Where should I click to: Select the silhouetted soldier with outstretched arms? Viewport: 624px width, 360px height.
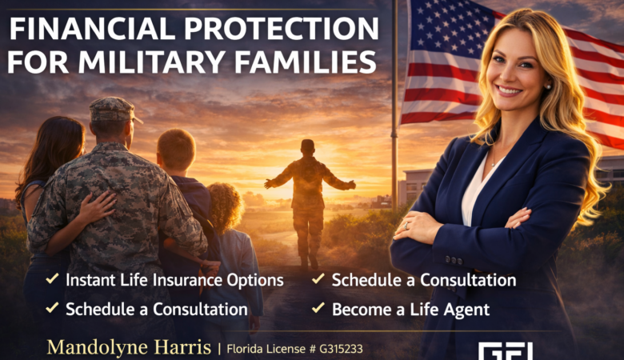[x=308, y=192]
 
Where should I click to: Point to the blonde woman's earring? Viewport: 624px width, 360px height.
[x=548, y=86]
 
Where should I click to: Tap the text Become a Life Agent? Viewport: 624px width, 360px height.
[x=410, y=308]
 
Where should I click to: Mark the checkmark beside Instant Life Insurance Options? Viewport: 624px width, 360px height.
[x=52, y=281]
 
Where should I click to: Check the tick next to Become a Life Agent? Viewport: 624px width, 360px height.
[x=318, y=307]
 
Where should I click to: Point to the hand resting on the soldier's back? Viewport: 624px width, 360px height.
[x=98, y=210]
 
